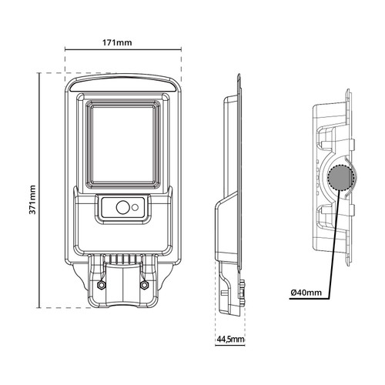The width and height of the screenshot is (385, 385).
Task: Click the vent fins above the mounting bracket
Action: click(x=123, y=259)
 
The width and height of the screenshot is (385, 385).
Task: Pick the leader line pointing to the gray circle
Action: click(x=331, y=239)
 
